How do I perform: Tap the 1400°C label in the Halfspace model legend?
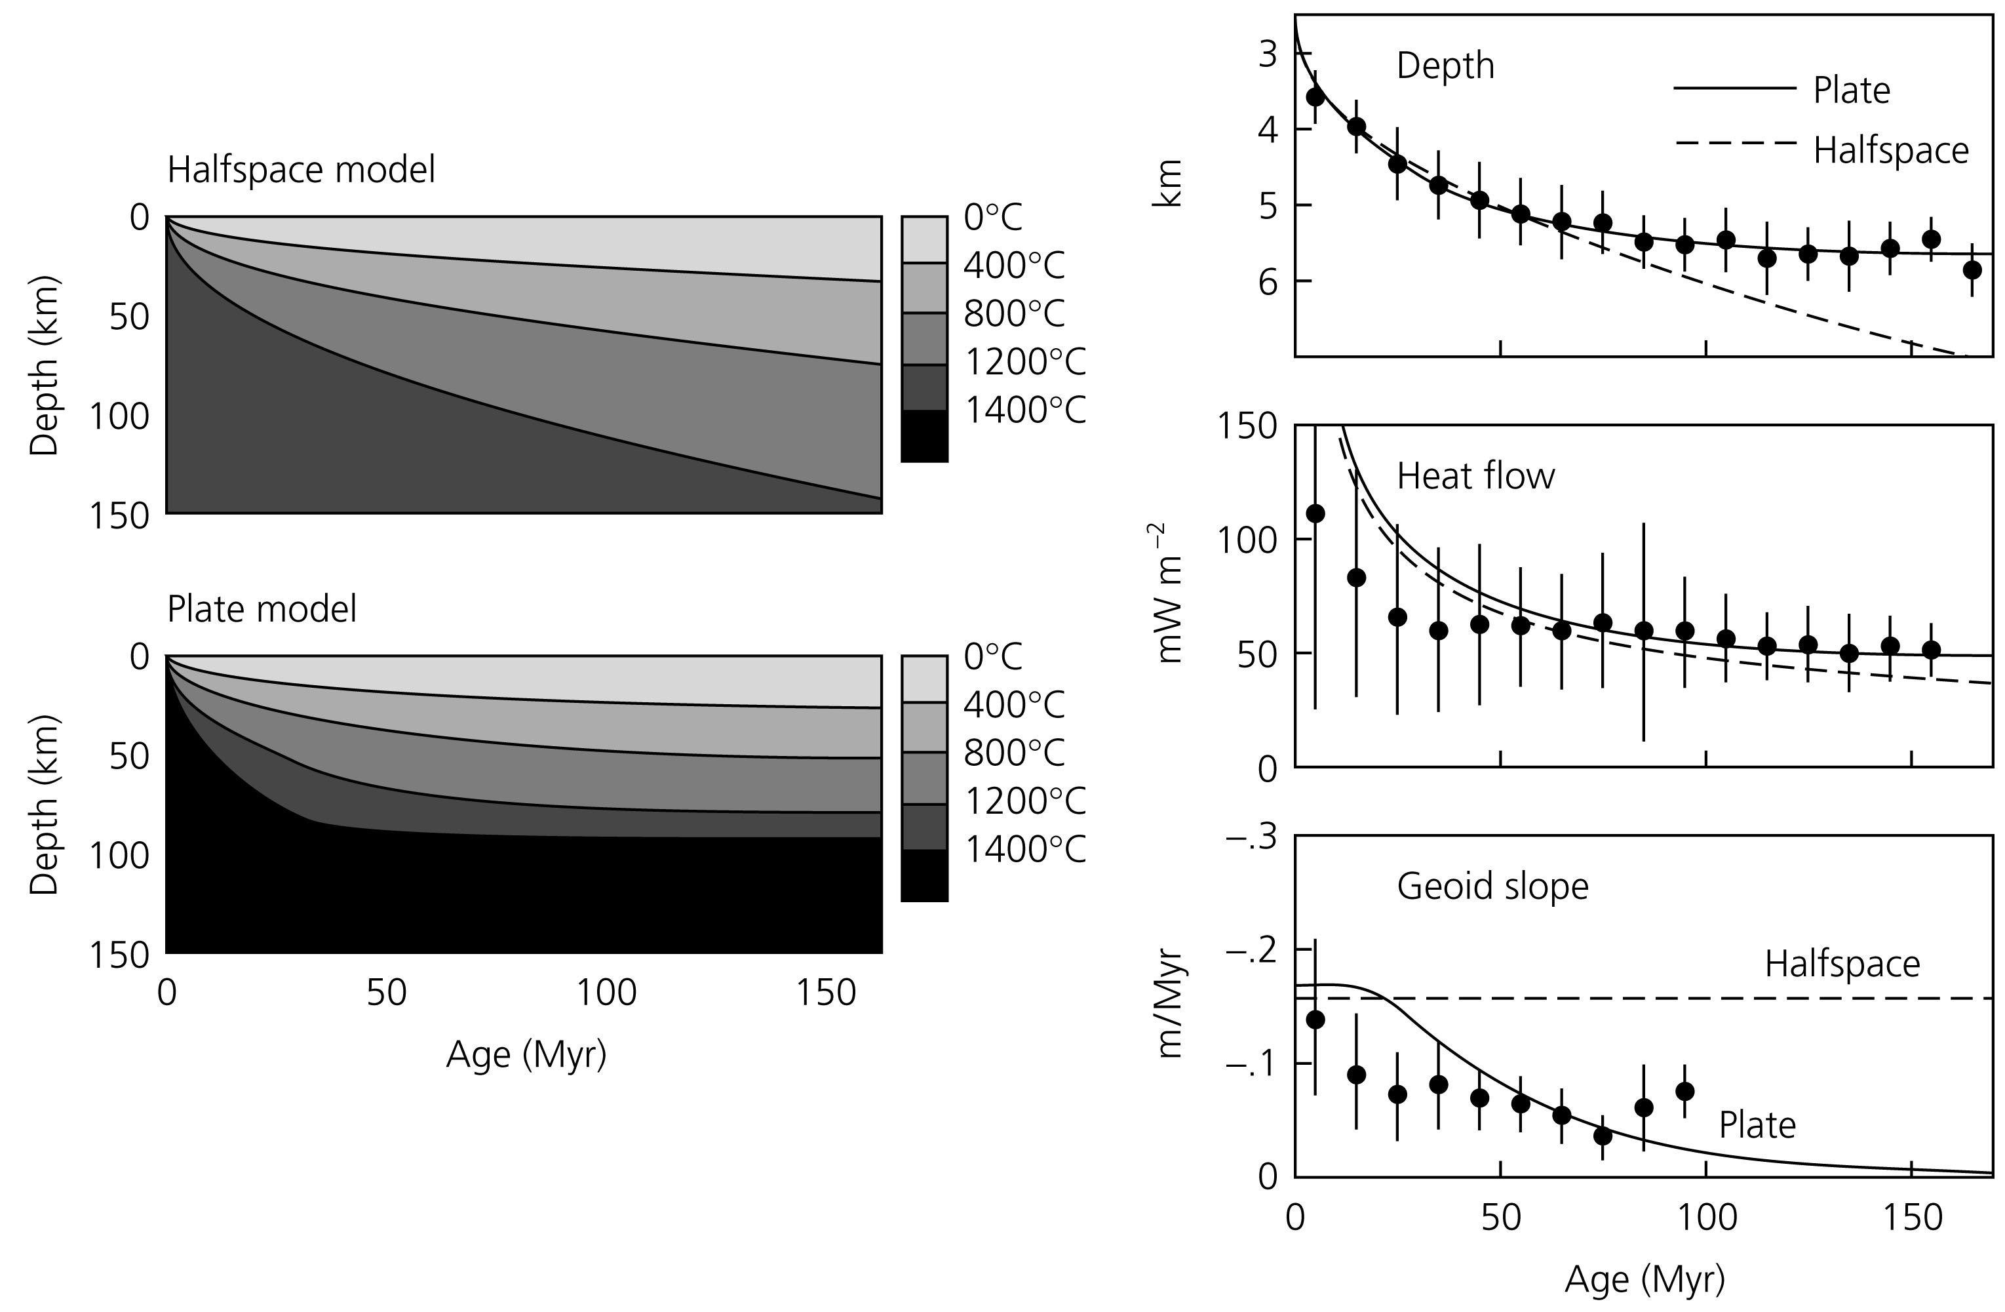click(x=1024, y=411)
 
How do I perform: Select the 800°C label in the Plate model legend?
click(x=1014, y=753)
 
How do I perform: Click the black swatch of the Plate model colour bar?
click(x=924, y=877)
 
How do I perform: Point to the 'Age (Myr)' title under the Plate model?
click(x=526, y=1054)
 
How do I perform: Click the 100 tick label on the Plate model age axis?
click(x=606, y=993)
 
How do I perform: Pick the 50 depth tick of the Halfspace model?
click(x=128, y=317)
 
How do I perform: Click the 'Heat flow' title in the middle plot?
click(x=1475, y=477)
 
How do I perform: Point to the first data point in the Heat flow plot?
click(x=1315, y=514)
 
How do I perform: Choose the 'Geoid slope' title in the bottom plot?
click(x=1492, y=886)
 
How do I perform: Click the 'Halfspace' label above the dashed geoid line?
click(x=1842, y=964)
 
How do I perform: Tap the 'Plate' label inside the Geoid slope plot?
click(x=1757, y=1126)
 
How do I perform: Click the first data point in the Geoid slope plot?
click(x=1315, y=1020)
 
